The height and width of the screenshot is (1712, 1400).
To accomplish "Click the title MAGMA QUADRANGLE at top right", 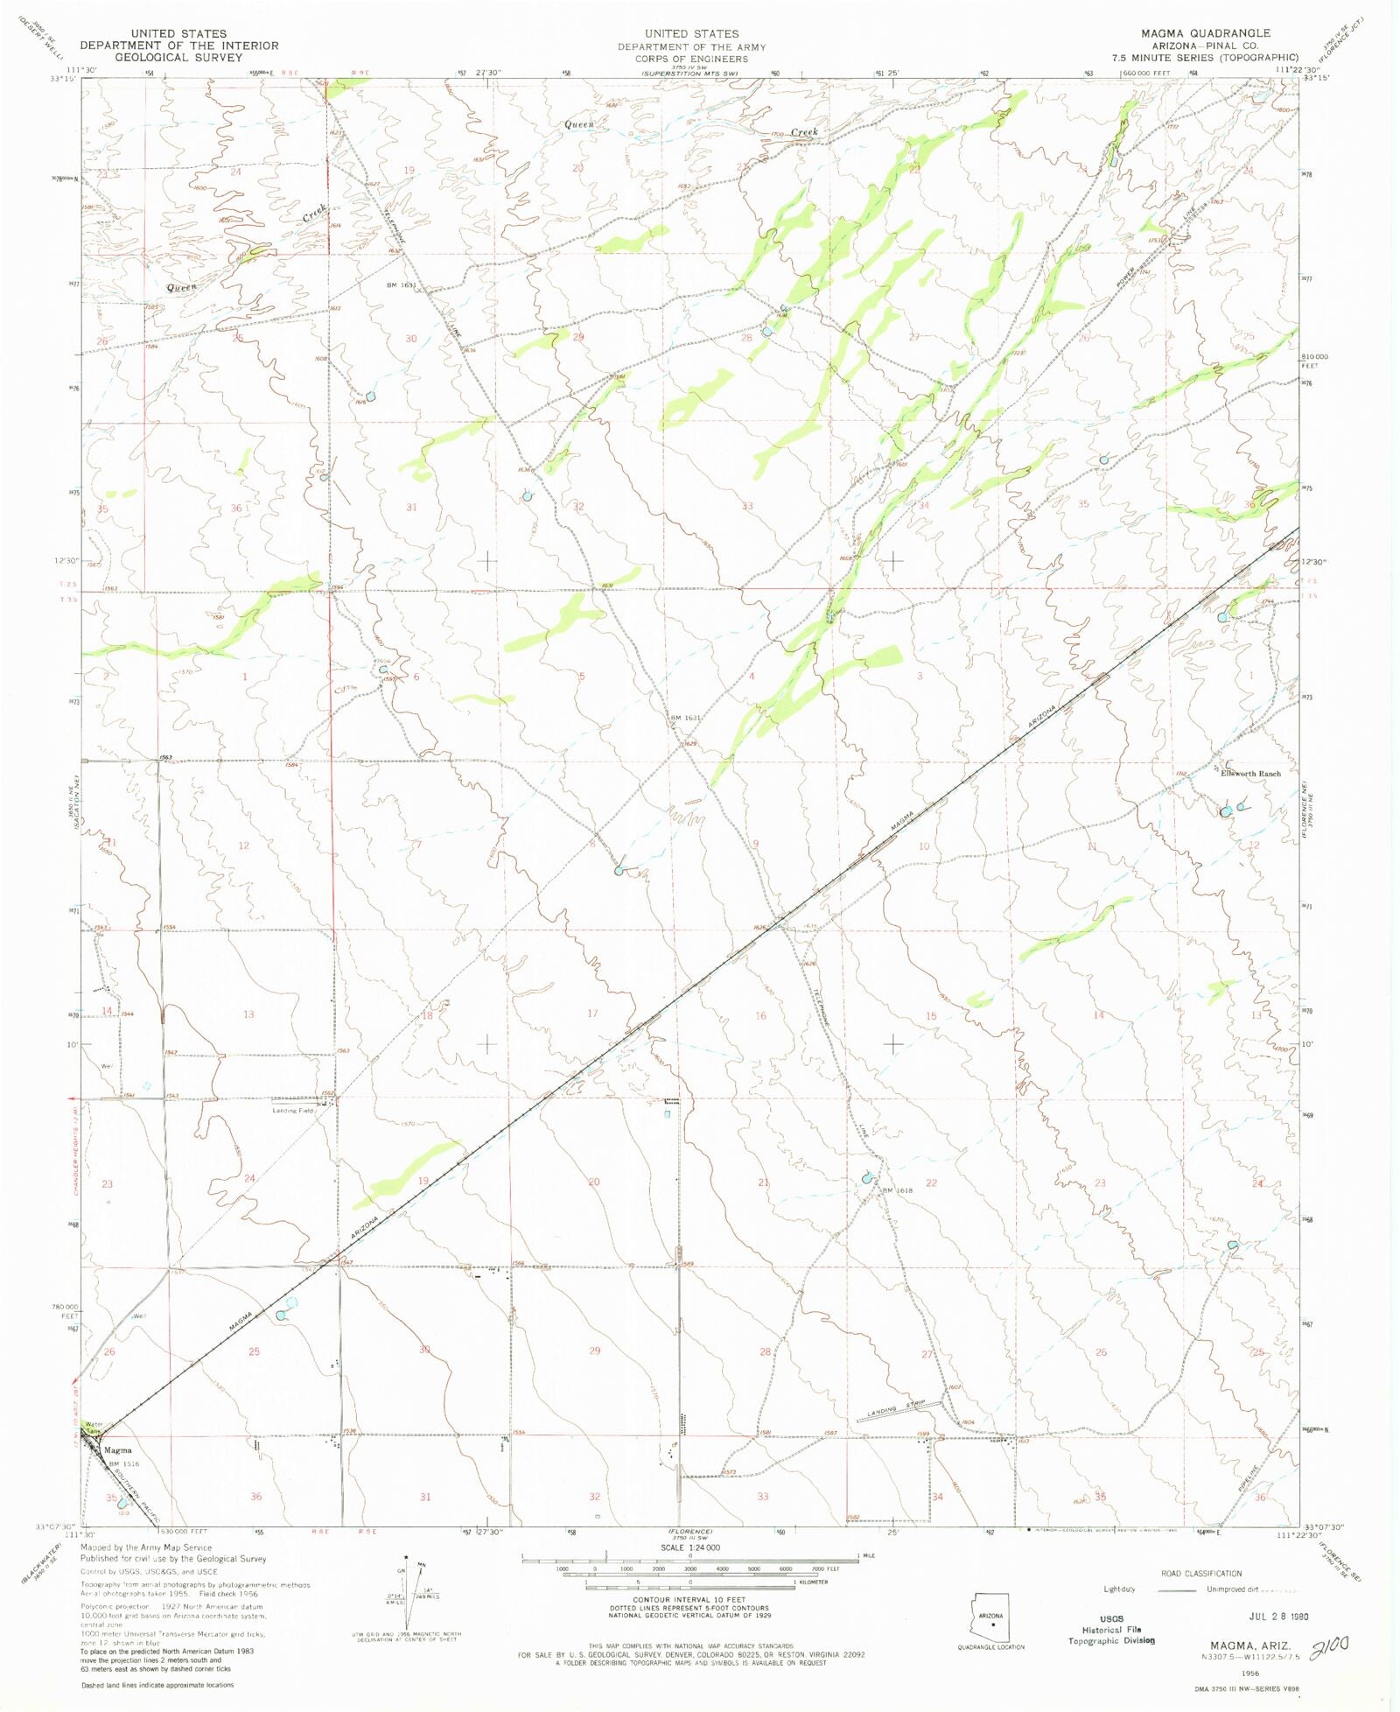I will click(1205, 33).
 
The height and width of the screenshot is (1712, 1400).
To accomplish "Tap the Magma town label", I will click(117, 1450).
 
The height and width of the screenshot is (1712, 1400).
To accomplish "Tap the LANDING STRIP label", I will click(897, 1411).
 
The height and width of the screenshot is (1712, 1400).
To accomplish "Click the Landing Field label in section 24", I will click(292, 1111).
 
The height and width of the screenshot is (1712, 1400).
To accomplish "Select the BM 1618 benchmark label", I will click(897, 1190).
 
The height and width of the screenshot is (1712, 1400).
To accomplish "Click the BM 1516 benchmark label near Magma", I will click(123, 1463).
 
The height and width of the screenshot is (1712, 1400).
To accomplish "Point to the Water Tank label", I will click(93, 1428).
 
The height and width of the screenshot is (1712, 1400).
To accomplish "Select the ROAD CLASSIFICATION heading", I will click(1200, 1574).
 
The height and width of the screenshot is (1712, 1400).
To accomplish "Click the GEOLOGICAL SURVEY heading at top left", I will click(178, 57).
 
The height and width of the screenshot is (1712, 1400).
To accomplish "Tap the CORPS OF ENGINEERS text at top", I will click(691, 59).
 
